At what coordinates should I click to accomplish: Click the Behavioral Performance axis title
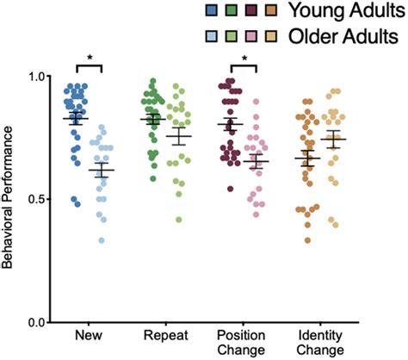pos(11,199)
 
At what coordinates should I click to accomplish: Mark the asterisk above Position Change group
pos(244,59)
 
